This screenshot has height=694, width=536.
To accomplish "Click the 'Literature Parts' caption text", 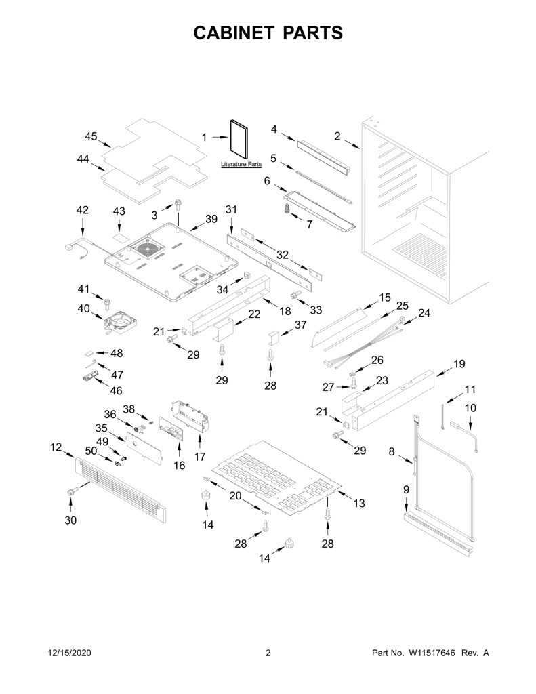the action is tap(241, 164).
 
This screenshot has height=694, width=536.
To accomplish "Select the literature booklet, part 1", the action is tap(239, 139).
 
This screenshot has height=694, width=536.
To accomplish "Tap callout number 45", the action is tap(91, 136).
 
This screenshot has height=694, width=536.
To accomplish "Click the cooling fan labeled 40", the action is tap(121, 321).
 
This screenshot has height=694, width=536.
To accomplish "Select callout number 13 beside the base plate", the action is tap(359, 503).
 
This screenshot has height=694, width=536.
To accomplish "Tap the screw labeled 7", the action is tap(287, 209).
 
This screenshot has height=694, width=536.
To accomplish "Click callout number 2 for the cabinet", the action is tap(337, 136).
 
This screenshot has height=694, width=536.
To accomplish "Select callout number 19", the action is tap(459, 364).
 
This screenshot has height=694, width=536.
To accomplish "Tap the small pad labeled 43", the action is tap(119, 237).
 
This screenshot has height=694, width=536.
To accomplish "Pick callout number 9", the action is tap(406, 490).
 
